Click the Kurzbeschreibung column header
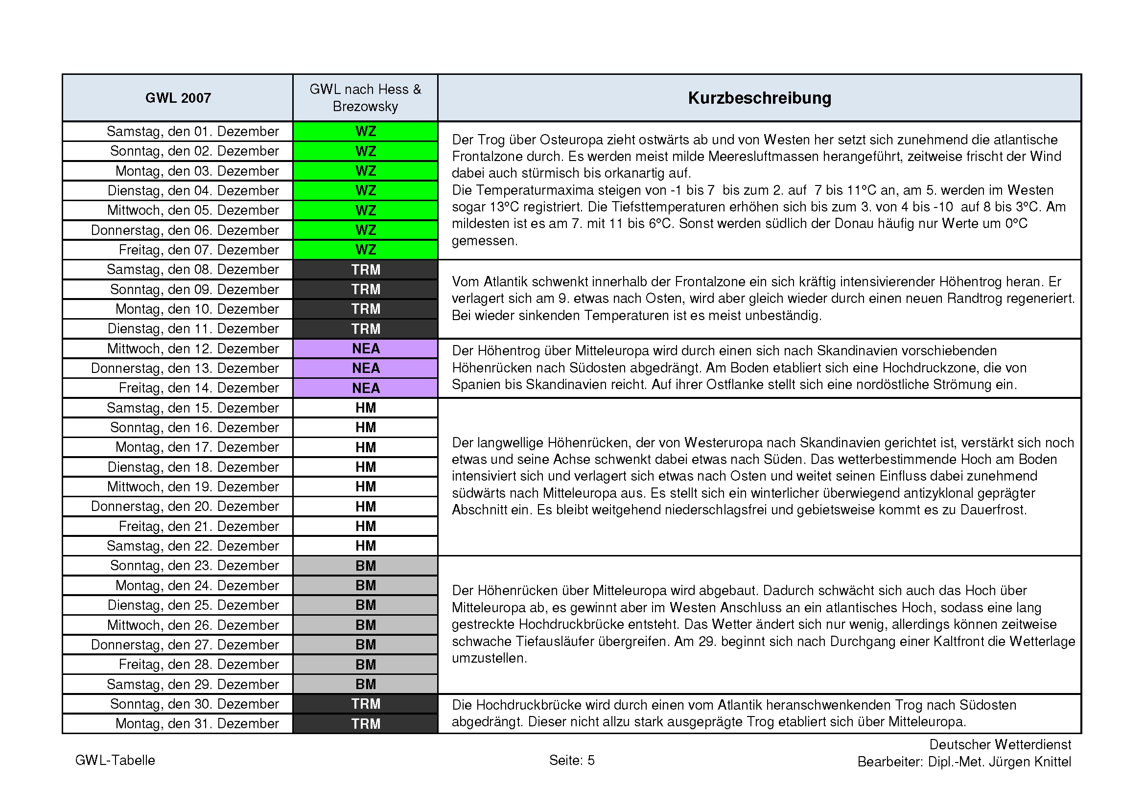click(759, 98)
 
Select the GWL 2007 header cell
click(178, 98)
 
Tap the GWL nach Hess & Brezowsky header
click(365, 98)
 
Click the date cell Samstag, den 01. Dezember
click(192, 132)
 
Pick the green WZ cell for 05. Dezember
click(365, 210)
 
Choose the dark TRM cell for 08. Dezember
click(365, 270)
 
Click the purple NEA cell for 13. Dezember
click(365, 369)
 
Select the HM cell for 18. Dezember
click(365, 467)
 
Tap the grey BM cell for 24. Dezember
click(365, 585)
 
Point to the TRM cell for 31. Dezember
click(365, 724)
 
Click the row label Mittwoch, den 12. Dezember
click(192, 349)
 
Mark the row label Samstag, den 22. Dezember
click(192, 546)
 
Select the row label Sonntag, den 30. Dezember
click(194, 704)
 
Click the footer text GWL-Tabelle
click(115, 760)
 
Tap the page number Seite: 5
click(571, 760)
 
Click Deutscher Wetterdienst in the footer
click(1000, 745)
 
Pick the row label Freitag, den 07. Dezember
click(198, 250)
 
